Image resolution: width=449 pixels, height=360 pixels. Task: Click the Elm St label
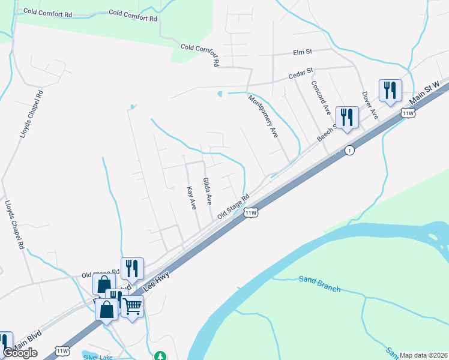pyautogui.click(x=304, y=52)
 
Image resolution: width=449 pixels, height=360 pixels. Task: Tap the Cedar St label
pyautogui.click(x=301, y=74)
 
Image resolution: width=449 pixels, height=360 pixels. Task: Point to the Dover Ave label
pyautogui.click(x=370, y=104)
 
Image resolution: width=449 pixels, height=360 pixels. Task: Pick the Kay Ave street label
pyautogui.click(x=192, y=198)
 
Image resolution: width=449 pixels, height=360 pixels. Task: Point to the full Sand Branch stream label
pyautogui.click(x=319, y=284)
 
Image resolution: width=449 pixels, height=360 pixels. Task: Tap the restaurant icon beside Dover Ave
pyautogui.click(x=390, y=91)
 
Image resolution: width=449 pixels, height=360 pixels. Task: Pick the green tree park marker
pyautogui.click(x=160, y=356)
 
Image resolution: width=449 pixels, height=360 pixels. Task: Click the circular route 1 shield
pyautogui.click(x=349, y=151)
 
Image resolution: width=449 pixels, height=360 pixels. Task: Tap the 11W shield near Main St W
pyautogui.click(x=408, y=113)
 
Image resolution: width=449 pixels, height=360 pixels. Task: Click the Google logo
pyautogui.click(x=20, y=353)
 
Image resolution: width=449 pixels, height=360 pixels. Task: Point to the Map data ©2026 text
pyautogui.click(x=423, y=355)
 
